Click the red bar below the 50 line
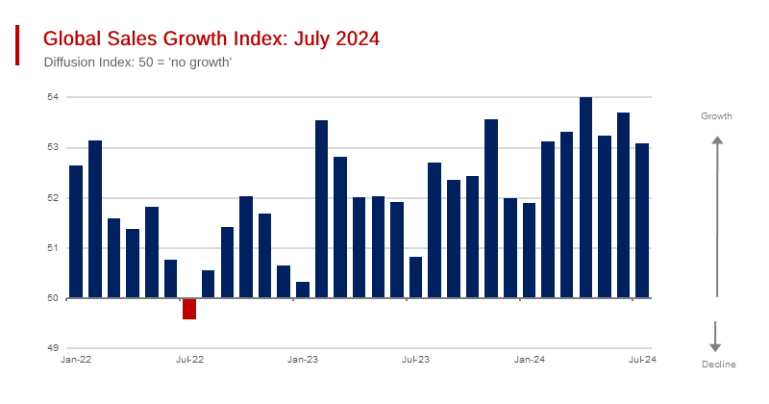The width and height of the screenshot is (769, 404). tap(189, 309)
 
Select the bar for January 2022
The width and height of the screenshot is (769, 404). tap(76, 232)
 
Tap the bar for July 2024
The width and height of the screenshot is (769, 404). tap(642, 220)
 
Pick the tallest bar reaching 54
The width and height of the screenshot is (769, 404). tap(585, 197)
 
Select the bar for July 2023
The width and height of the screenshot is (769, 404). tap(415, 277)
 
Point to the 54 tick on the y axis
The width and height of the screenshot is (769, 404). tap(53, 97)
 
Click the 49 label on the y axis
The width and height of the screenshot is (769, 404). tap(53, 347)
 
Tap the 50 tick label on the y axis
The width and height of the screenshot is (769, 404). tap(53, 297)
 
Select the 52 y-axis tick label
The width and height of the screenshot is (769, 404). tap(53, 197)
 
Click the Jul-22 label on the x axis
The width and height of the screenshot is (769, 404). tap(189, 359)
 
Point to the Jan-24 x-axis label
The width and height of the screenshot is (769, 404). tap(530, 359)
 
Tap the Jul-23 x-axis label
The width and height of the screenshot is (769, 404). tap(415, 359)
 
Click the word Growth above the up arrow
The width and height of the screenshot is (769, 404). tap(716, 116)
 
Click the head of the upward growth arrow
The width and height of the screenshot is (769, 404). tap(716, 141)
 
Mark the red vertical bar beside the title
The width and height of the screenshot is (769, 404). tap(16, 45)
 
